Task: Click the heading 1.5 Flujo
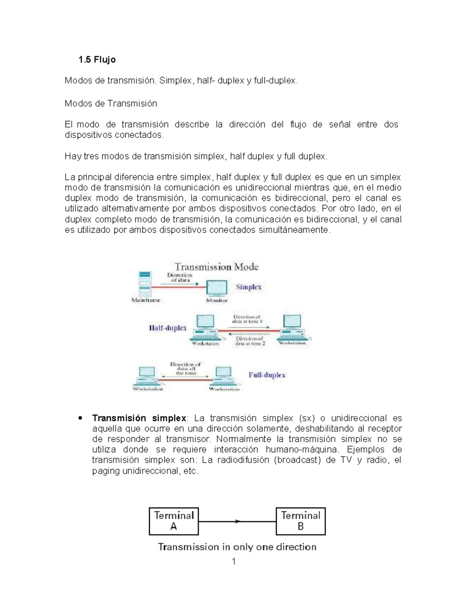tap(97, 60)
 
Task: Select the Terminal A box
tap(174, 521)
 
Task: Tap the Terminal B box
tap(300, 521)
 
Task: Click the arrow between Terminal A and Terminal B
tap(237, 521)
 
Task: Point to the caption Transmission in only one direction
tap(237, 547)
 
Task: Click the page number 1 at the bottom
tap(234, 561)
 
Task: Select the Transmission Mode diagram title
tap(216, 267)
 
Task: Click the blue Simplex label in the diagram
tap(249, 287)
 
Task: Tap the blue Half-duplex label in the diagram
tap(168, 328)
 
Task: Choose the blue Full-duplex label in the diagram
tap(267, 375)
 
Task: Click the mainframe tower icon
tap(145, 284)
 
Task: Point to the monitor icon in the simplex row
tap(217, 289)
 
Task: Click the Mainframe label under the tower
tap(146, 300)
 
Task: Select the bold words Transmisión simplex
tap(139, 418)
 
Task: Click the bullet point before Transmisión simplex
tap(80, 418)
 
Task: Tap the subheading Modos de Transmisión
tap(111, 103)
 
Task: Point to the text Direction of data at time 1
tap(247, 319)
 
